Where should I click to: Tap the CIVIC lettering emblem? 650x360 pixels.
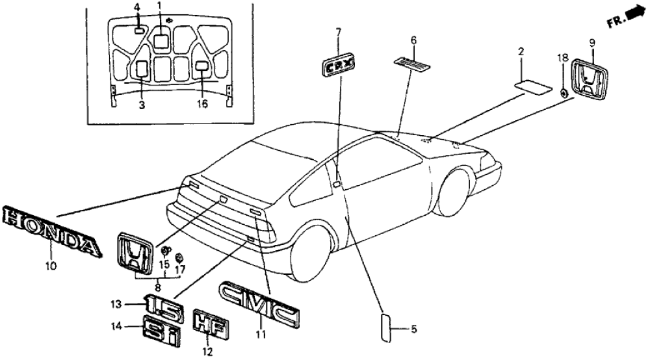pyautogui.click(x=259, y=303)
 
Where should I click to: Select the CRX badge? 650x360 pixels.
pyautogui.click(x=339, y=66)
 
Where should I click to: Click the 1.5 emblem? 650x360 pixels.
pyautogui.click(x=163, y=303)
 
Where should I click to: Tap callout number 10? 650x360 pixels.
pyautogui.click(x=51, y=265)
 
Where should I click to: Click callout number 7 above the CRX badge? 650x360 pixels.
pyautogui.click(x=338, y=32)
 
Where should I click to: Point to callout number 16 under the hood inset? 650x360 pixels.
pyautogui.click(x=202, y=104)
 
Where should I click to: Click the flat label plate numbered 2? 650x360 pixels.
pyautogui.click(x=533, y=87)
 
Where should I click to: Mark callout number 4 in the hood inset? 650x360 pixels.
pyautogui.click(x=137, y=7)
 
